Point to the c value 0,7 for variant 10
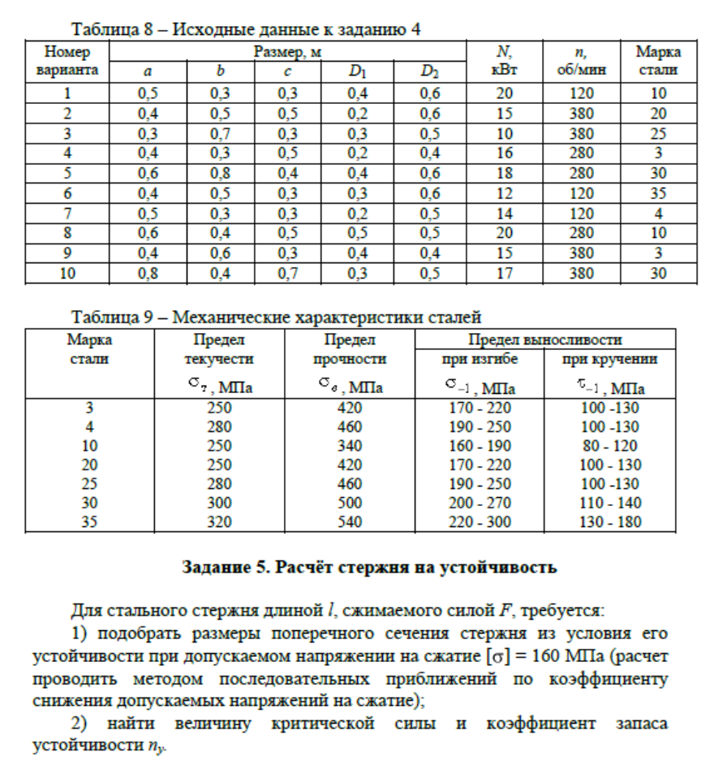click(x=287, y=274)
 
